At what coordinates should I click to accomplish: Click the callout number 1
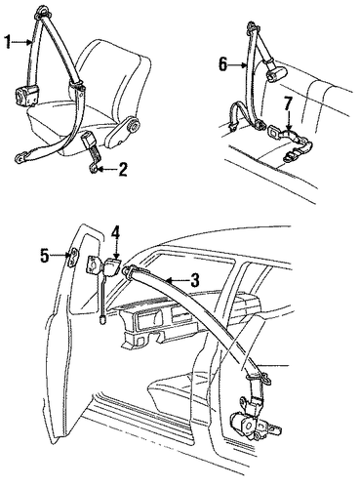point(9,42)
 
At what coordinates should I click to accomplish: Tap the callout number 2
point(122,170)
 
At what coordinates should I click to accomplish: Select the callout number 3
point(194,280)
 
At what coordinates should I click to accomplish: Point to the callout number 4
point(116,233)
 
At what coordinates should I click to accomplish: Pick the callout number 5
point(45,255)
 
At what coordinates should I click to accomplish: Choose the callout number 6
point(222,64)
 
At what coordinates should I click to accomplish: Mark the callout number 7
point(287,103)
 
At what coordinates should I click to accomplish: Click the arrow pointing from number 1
point(23,42)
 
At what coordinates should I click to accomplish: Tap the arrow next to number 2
point(106,169)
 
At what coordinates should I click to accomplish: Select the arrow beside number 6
point(238,65)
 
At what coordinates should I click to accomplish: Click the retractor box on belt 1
point(25,95)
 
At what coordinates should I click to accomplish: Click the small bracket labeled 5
point(72,258)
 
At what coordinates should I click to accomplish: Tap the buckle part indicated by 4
point(112,265)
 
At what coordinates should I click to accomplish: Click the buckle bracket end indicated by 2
point(93,168)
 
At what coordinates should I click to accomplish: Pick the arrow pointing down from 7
point(288,121)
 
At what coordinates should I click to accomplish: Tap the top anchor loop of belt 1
point(42,11)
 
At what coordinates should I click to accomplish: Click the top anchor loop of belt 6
point(253,26)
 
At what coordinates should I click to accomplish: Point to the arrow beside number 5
point(59,255)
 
